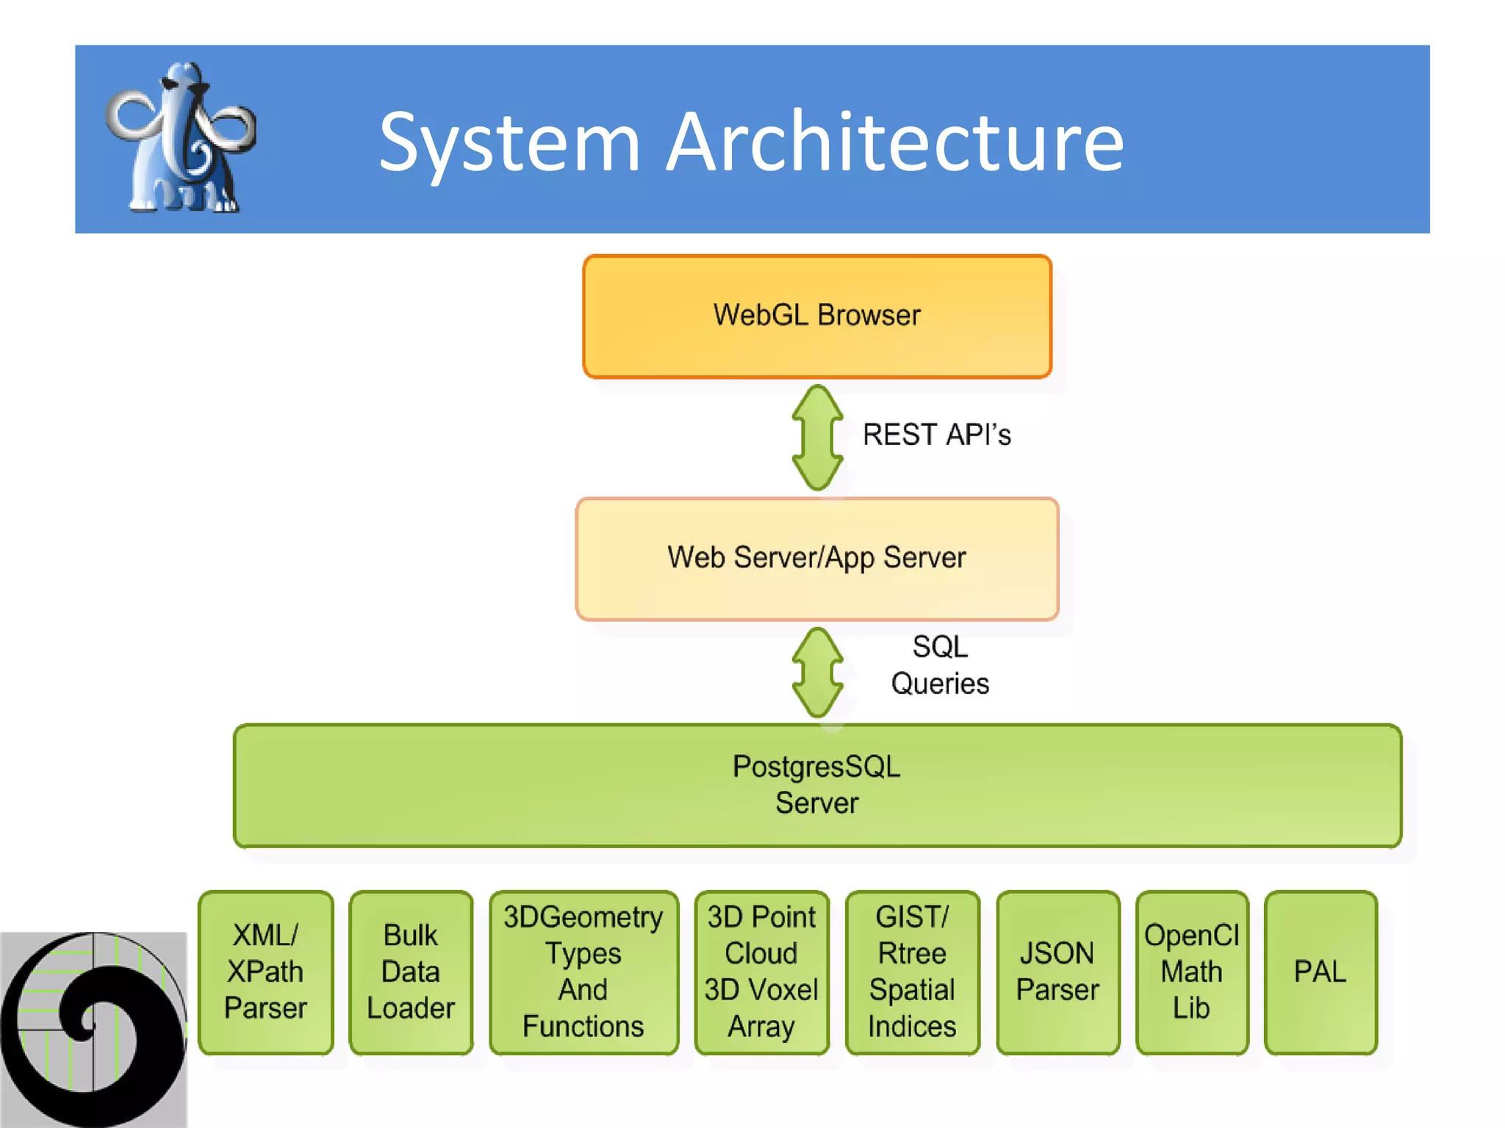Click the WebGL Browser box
816,317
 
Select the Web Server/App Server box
816,559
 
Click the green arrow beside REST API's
817,438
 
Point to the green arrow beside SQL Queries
817,673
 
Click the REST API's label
936,435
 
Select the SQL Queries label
940,665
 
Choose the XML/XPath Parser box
265,972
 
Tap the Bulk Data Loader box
411,972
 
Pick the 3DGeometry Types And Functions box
583,972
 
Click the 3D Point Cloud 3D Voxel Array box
761,972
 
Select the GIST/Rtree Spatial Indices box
912,972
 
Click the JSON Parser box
1057,972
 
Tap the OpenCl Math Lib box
1191,972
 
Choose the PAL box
1320,972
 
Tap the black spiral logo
93,1028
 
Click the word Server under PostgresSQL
816,803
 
